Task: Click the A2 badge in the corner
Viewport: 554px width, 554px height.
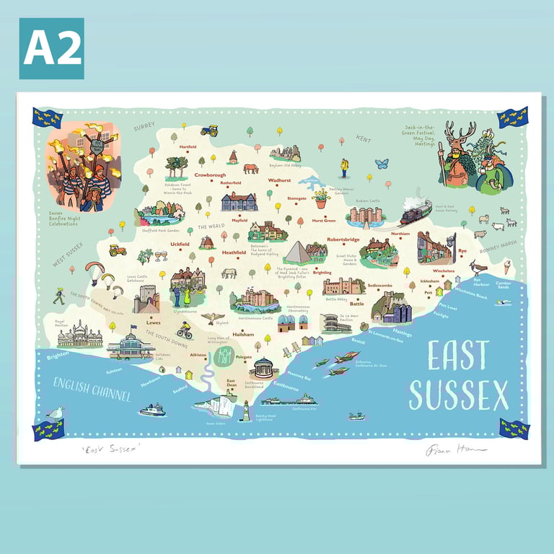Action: coord(51,48)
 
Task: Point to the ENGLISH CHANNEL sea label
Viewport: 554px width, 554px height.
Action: coord(92,390)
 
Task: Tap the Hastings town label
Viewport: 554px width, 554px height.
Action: coord(402,334)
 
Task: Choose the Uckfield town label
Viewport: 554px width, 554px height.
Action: coord(179,244)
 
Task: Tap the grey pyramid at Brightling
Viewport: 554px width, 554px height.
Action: coord(296,253)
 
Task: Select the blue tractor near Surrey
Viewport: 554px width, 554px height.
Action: coord(209,131)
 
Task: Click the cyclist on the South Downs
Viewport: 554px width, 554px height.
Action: coord(185,330)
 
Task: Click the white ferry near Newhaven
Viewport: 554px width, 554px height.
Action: coord(152,410)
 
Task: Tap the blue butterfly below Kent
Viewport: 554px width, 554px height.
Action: coord(382,164)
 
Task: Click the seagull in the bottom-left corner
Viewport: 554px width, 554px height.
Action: coord(54,413)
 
